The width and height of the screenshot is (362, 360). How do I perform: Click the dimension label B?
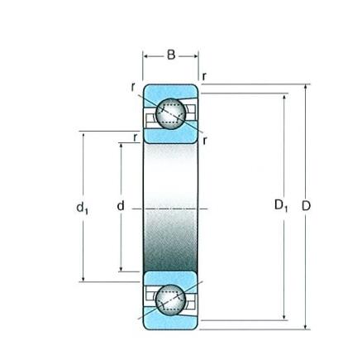click(x=171, y=55)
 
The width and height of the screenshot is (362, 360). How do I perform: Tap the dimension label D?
click(x=306, y=206)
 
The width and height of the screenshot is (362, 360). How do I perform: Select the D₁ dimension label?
click(x=281, y=205)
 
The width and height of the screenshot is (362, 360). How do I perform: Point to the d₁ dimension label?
click(x=83, y=208)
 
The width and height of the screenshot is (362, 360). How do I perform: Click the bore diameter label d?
click(x=121, y=206)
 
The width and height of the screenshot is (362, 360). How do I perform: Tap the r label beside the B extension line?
click(x=204, y=77)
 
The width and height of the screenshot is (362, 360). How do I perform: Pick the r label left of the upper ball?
click(x=133, y=88)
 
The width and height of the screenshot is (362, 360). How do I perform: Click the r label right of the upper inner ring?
click(x=204, y=141)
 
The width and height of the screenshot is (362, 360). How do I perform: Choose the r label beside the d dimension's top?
click(x=135, y=137)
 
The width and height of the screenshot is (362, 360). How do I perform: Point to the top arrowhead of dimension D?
click(x=305, y=88)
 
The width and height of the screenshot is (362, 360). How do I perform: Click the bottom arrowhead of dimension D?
click(x=305, y=326)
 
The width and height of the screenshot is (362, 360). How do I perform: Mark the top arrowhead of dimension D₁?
click(x=284, y=98)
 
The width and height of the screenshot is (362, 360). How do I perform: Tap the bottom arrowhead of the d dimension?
click(x=121, y=268)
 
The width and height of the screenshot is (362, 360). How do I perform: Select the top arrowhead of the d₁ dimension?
click(x=83, y=135)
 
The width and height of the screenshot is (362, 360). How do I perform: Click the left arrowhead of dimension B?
click(x=146, y=56)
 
